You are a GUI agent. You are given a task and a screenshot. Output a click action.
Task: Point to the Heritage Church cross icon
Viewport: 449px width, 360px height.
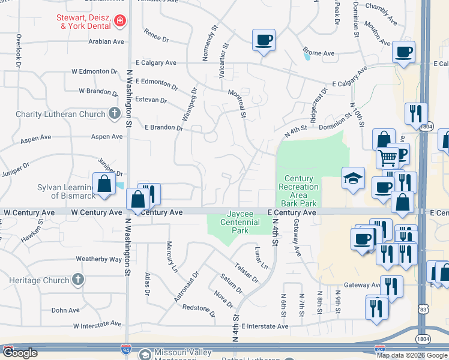click(x=77, y=280)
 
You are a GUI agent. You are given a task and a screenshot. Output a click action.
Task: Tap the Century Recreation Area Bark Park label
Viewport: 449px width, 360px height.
click(x=298, y=191)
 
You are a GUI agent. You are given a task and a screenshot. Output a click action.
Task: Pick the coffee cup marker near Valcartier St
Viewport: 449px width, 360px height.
click(x=264, y=40)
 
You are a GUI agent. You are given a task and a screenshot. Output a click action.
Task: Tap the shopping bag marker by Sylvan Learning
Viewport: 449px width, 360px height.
click(x=104, y=184)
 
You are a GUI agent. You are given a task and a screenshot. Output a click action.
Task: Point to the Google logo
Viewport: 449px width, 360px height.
click(x=21, y=353)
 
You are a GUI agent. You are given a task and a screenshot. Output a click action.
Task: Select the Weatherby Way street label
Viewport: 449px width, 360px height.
click(x=98, y=259)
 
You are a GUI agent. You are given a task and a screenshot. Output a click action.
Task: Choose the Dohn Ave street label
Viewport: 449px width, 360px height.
click(x=65, y=310)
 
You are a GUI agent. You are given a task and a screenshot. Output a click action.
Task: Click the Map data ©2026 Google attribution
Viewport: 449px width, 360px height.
click(x=412, y=355)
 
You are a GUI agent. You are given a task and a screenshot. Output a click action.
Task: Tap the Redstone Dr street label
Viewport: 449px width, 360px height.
click(x=199, y=310)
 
